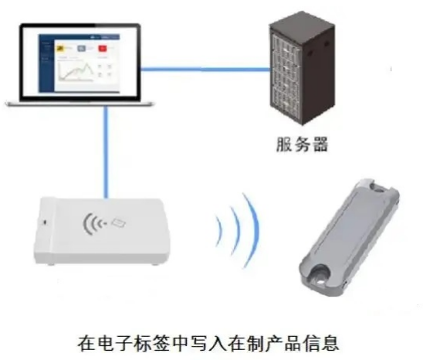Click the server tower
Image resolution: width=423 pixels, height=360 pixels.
[303, 68]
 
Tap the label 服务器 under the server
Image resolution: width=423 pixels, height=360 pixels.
[303, 144]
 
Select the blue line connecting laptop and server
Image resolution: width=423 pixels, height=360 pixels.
[205, 70]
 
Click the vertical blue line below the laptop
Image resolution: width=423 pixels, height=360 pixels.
[106, 152]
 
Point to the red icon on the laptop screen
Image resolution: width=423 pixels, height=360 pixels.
[103, 49]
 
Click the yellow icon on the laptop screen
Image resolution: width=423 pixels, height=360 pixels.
[59, 49]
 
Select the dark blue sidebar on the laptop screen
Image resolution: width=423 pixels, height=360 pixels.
[46, 63]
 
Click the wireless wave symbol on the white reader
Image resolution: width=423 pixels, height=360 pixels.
[93, 223]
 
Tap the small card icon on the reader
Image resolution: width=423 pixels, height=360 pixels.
[119, 222]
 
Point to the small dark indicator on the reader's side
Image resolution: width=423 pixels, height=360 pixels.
[45, 222]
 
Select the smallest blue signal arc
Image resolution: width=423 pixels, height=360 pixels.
[219, 229]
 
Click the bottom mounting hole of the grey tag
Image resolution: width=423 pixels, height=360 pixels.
[320, 281]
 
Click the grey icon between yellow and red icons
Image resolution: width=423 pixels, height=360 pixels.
[82, 49]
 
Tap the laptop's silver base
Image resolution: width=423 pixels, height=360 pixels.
[80, 104]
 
